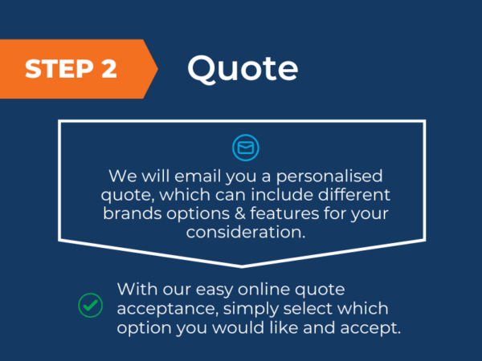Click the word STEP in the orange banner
coord(59,69)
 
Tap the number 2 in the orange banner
coord(109,69)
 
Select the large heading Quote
coord(243,69)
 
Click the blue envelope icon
coord(246,148)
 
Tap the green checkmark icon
coord(90,305)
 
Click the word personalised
coord(329,176)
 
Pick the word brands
coord(133,213)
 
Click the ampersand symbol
coord(240,213)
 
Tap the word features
coord(284,213)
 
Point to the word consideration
coord(246,232)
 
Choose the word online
coord(263,289)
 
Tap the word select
coord(308,308)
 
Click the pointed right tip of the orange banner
coord(157,69)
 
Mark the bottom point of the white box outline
coord(242,267)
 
